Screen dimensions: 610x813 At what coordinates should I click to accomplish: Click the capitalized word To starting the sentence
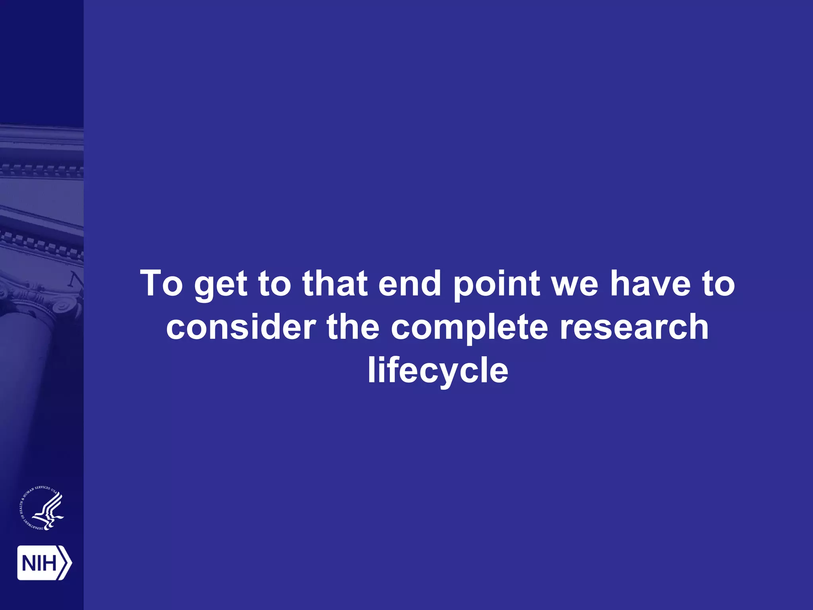click(162, 283)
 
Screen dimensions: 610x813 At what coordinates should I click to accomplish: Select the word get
click(221, 285)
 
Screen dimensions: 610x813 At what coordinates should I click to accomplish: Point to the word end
click(410, 283)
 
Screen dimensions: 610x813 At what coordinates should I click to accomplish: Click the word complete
click(470, 328)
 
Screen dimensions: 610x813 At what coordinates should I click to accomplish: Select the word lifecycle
click(438, 371)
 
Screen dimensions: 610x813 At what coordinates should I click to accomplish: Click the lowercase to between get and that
click(275, 284)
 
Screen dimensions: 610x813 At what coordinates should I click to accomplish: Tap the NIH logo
click(44, 563)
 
